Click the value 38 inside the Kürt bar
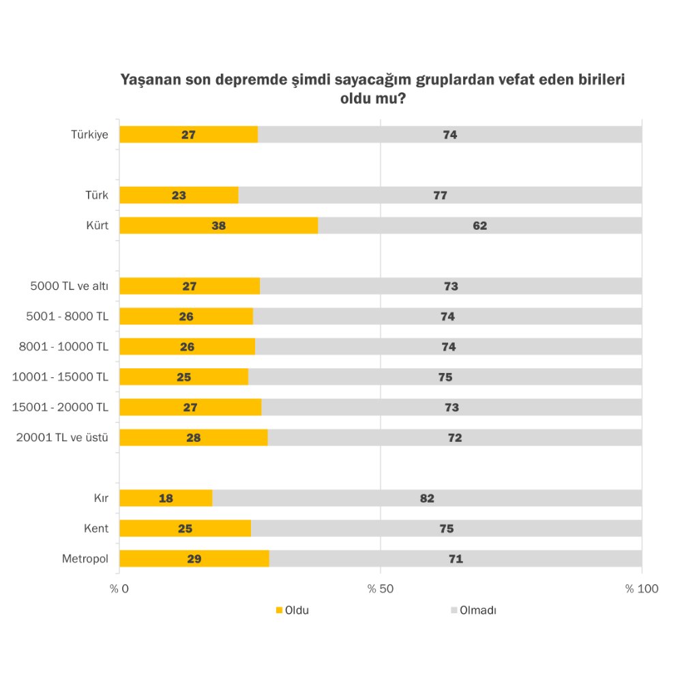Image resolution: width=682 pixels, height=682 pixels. point(218,225)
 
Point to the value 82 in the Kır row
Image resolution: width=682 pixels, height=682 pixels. point(427,499)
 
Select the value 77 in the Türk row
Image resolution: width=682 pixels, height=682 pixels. point(440,195)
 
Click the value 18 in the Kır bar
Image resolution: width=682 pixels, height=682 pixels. point(166,499)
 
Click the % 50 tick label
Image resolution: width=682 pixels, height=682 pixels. point(380,589)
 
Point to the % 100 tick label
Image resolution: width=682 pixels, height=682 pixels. point(642,589)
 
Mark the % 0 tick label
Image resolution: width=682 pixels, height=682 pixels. point(120,589)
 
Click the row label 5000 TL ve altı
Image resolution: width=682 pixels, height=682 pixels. point(70,286)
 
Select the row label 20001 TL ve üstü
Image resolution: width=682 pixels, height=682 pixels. point(63,437)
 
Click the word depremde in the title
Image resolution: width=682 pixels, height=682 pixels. point(253,80)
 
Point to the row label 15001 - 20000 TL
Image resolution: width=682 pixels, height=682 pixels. point(61,407)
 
